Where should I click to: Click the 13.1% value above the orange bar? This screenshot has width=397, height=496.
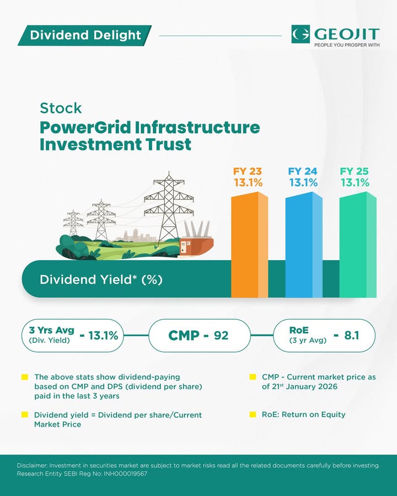(248, 182)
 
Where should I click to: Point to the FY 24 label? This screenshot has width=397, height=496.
(303, 171)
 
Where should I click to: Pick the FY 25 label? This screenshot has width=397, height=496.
(354, 171)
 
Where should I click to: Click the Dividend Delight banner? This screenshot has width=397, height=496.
(85, 35)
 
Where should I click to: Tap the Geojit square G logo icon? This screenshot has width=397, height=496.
(301, 34)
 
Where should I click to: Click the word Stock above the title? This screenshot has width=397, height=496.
(61, 108)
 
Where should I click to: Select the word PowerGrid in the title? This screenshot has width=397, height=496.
(85, 128)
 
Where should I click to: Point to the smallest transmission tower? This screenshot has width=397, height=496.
(73, 223)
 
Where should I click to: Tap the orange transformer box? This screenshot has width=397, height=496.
(196, 246)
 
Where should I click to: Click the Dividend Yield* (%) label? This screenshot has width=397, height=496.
(101, 279)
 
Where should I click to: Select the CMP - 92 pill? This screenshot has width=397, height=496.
(200, 335)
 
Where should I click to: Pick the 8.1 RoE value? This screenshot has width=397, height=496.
(352, 335)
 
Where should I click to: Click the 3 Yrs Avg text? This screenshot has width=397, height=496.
(52, 330)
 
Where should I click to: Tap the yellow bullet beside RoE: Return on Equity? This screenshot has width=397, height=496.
(253, 414)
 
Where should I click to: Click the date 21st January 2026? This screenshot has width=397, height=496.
(304, 386)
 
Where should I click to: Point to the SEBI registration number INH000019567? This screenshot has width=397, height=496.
(125, 474)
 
